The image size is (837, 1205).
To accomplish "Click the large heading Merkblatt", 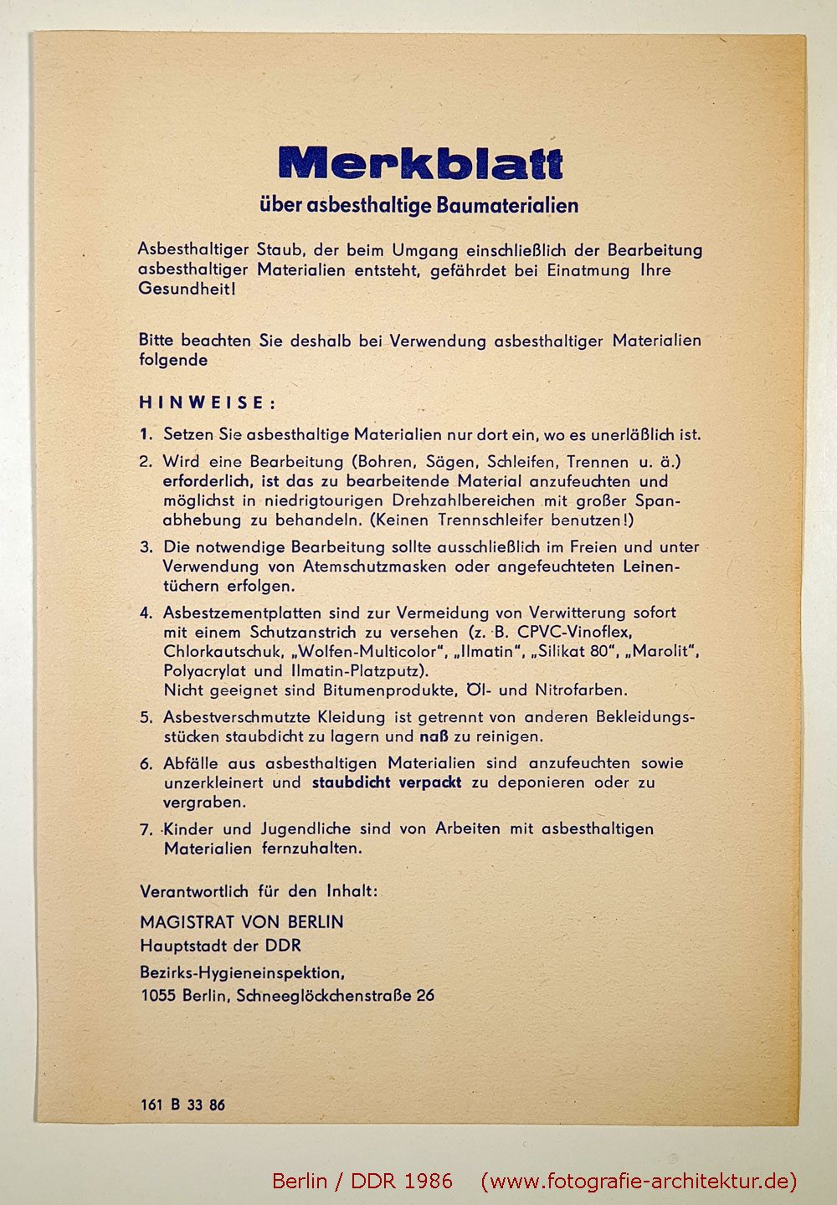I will pyautogui.click(x=420, y=163).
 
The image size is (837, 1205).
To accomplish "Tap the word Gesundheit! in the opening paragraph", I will pyautogui.click(x=187, y=290).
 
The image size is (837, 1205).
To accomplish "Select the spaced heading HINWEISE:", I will pyautogui.click(x=207, y=403).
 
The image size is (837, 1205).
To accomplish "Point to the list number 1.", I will pyautogui.click(x=146, y=434).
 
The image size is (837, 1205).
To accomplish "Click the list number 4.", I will pyautogui.click(x=146, y=613).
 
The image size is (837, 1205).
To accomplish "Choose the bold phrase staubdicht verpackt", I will pyautogui.click(x=387, y=782).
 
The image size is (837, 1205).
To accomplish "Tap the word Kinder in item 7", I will pyautogui.click(x=188, y=828).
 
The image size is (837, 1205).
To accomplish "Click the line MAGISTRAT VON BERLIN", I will pyautogui.click(x=241, y=922).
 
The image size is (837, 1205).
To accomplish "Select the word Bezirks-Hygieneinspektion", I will pyautogui.click(x=242, y=973).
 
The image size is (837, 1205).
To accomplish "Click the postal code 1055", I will pyautogui.click(x=158, y=996).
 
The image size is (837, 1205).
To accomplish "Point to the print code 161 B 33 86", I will pyautogui.click(x=182, y=1105).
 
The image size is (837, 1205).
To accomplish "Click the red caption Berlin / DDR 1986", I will pyautogui.click(x=362, y=1181).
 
